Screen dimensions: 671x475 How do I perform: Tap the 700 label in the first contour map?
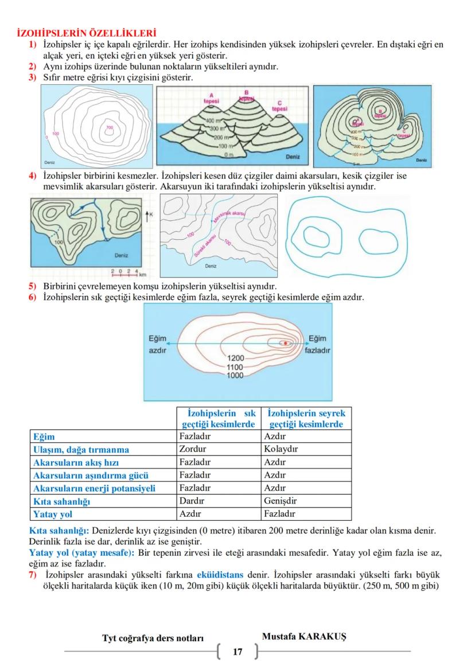(109, 127)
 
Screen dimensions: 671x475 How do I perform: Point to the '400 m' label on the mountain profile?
(214, 121)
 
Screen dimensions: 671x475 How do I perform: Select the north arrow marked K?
(149, 214)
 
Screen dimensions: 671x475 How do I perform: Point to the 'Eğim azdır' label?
(158, 344)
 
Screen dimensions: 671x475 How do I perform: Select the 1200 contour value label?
(236, 358)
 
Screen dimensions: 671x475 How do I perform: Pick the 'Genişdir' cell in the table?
(280, 501)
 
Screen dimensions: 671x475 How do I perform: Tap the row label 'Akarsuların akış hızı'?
(76, 462)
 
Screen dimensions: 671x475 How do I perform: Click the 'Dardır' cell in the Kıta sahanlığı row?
(192, 501)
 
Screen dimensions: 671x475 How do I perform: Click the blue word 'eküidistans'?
(220, 574)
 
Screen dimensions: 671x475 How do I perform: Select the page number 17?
(237, 652)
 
